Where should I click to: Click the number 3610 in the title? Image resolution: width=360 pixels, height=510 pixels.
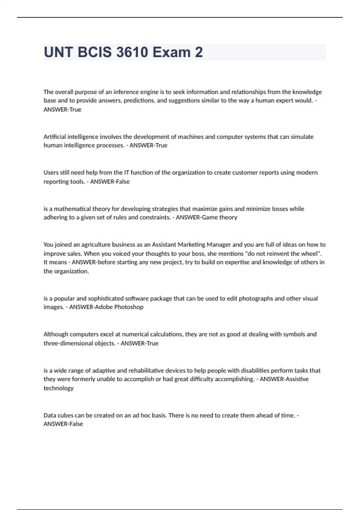click(x=132, y=52)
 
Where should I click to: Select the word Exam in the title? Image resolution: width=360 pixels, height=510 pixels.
click(x=171, y=52)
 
